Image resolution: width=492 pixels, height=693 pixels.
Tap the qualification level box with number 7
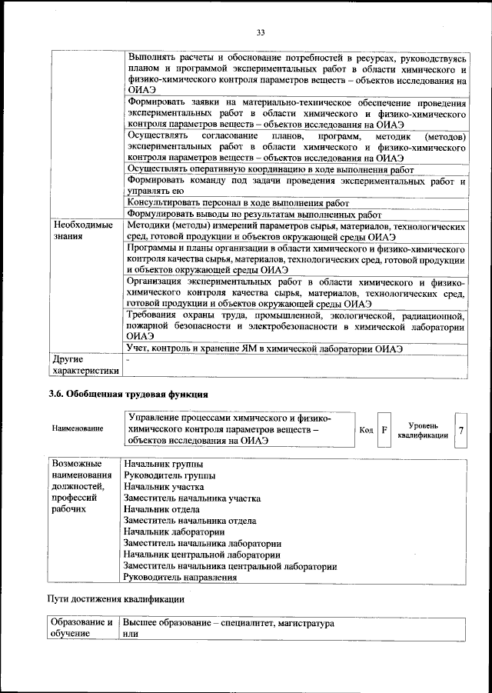460,430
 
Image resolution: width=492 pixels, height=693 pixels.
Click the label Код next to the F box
366,430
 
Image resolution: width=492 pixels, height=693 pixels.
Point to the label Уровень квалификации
423,430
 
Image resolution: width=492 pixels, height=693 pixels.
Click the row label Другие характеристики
85,365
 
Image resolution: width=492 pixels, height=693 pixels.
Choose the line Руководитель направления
180,576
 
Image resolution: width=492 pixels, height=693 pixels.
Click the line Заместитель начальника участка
191,498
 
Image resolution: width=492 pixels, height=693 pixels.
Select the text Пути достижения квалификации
115,598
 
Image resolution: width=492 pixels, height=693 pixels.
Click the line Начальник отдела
161,509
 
